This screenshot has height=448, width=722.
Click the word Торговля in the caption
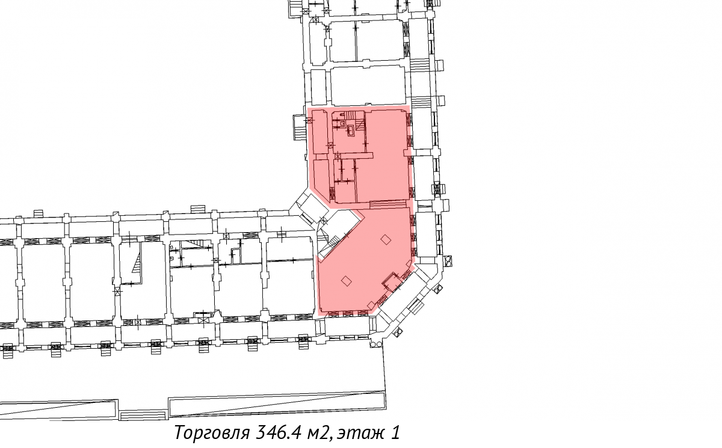[212, 432]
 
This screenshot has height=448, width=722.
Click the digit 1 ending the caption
[396, 432]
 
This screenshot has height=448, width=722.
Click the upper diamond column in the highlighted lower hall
[386, 239]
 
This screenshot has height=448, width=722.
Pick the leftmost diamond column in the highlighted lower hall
[347, 281]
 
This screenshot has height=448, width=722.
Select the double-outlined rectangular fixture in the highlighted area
[351, 130]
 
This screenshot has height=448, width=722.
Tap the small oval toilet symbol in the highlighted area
[341, 114]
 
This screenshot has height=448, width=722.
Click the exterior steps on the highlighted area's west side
[299, 127]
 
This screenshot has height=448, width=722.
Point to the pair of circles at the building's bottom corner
[375, 345]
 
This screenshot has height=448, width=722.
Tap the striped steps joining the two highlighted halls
[387, 204]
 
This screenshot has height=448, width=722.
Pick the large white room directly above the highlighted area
[368, 85]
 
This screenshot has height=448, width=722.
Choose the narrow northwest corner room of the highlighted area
[321, 132]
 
